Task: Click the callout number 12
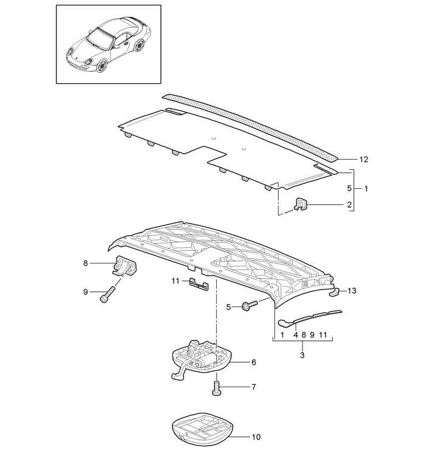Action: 364,159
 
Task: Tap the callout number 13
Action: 352,290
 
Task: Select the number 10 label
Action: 256,437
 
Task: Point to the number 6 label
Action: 254,362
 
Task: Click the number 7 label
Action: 254,387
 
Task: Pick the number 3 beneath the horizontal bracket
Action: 302,355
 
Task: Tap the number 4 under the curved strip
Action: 296,335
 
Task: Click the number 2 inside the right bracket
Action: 349,205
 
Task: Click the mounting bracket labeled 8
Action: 124,265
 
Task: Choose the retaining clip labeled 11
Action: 199,284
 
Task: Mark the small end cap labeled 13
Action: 335,292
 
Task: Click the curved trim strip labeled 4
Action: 310,318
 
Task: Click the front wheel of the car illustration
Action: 102,66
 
